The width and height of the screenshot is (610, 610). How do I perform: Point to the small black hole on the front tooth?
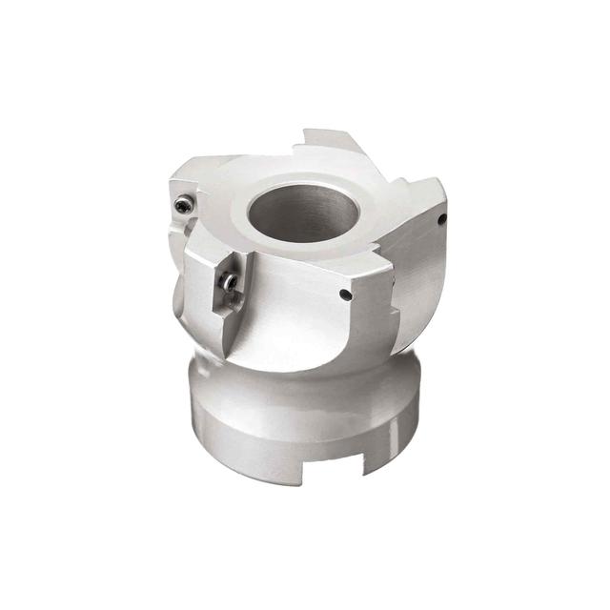(x=345, y=295)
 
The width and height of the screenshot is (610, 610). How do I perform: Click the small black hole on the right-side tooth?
(x=441, y=218)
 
